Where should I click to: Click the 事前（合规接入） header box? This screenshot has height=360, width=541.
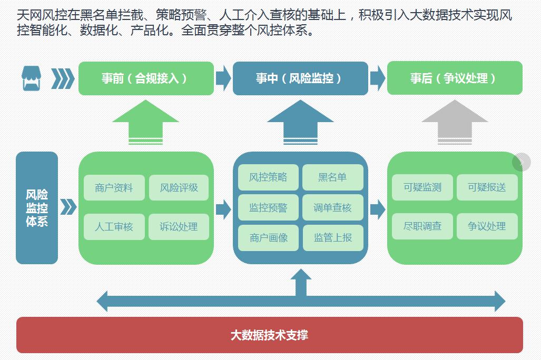tap(146, 78)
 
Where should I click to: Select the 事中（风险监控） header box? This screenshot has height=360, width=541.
tap(300, 78)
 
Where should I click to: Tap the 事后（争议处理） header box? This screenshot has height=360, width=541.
tap(455, 78)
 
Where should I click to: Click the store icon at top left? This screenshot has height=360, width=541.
tap(31, 78)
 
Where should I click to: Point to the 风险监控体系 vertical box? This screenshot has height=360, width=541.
tap(37, 208)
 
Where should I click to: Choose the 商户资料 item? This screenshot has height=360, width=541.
tap(114, 188)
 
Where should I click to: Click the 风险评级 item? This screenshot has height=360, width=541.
tap(179, 188)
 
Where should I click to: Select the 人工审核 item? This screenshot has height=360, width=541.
tap(114, 227)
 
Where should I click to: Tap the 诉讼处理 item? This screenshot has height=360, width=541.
tap(179, 227)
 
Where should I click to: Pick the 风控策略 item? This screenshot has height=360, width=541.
tap(268, 177)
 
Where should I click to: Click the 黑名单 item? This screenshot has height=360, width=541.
tap(332, 177)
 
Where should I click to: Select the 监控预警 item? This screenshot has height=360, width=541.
tap(268, 207)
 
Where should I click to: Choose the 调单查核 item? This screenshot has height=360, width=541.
tap(332, 207)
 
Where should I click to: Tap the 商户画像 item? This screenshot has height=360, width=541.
tap(268, 237)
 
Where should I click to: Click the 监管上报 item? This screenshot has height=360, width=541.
tap(332, 237)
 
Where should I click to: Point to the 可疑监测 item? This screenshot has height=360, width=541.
tap(422, 187)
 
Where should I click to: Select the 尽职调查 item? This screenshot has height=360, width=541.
tap(422, 226)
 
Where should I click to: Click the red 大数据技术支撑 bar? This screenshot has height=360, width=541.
tap(269, 335)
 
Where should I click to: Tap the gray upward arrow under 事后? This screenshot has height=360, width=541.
tap(455, 121)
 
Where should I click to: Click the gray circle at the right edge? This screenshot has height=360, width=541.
tap(522, 162)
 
